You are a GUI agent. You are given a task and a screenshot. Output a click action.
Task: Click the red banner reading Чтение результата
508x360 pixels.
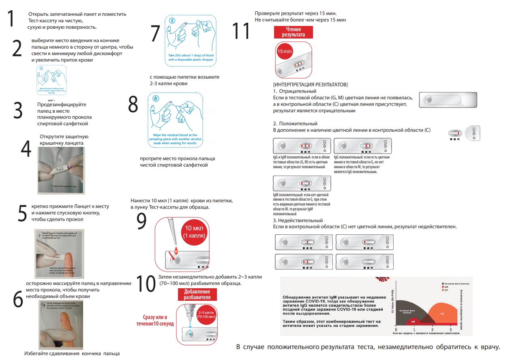pyautogui.click(x=293, y=32)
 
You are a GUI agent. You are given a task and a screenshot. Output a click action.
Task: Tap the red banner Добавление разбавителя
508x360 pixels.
pyautogui.click(x=197, y=294)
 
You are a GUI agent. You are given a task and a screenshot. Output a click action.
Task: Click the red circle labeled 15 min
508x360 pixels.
pyautogui.click(x=285, y=51)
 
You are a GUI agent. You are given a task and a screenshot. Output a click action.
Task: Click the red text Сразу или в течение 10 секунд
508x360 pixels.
pyautogui.click(x=155, y=320)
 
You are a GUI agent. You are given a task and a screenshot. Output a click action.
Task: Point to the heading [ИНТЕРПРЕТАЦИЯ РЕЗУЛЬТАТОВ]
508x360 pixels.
pyautogui.click(x=311, y=84)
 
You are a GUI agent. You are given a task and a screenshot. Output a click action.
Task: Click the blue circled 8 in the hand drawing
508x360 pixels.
pyautogui.click(x=156, y=98)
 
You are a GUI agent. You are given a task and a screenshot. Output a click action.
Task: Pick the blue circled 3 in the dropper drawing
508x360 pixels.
pyautogui.click(x=172, y=20)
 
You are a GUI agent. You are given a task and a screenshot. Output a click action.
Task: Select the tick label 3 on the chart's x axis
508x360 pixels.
pyautogui.click(x=450, y=330)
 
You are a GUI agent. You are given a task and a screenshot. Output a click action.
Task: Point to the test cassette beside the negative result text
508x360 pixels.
pyautogui.click(x=448, y=99)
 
